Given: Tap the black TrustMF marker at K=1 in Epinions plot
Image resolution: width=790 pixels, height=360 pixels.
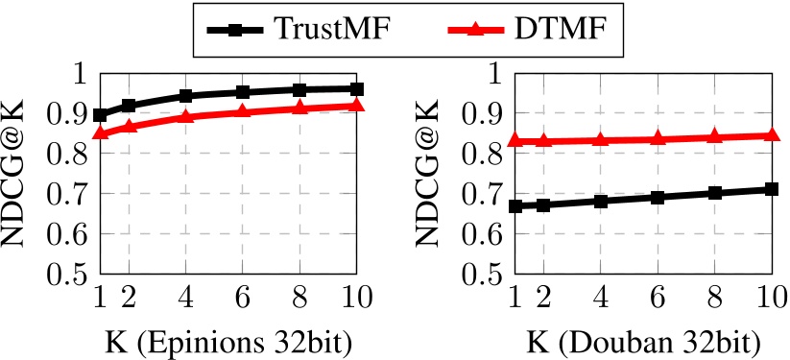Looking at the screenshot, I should [x=101, y=115].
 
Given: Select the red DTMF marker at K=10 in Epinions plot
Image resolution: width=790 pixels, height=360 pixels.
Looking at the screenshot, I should [x=357, y=104].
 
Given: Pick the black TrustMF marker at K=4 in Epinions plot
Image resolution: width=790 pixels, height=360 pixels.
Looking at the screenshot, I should [x=186, y=96].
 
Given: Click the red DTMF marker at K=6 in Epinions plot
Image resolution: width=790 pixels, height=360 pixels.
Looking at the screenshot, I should [x=243, y=111].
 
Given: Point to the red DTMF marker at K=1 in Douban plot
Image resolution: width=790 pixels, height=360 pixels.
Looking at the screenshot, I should [x=515, y=140].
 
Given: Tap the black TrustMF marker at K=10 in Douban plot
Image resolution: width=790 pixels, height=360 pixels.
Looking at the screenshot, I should [x=772, y=189].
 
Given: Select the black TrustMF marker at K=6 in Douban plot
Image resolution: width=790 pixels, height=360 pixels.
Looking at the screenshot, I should [x=658, y=197].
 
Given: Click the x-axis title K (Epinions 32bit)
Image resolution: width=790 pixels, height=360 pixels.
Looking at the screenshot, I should [x=228, y=341].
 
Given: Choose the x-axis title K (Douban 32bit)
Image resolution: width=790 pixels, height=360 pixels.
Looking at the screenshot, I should [x=643, y=341].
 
